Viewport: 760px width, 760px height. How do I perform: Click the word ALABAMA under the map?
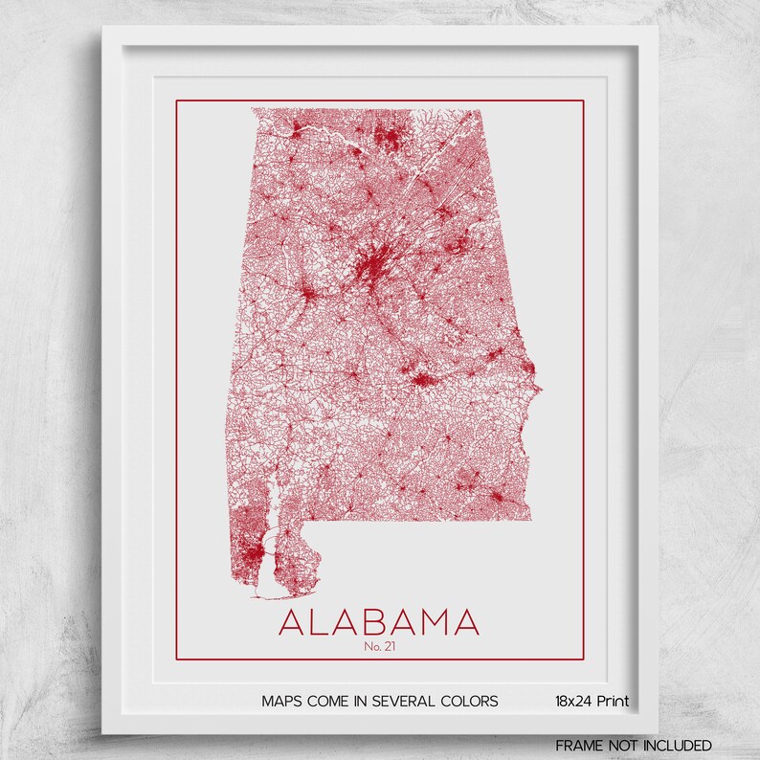coord(379,622)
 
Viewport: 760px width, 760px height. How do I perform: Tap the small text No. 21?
coord(379,646)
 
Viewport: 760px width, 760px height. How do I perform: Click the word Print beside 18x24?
coord(613,702)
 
